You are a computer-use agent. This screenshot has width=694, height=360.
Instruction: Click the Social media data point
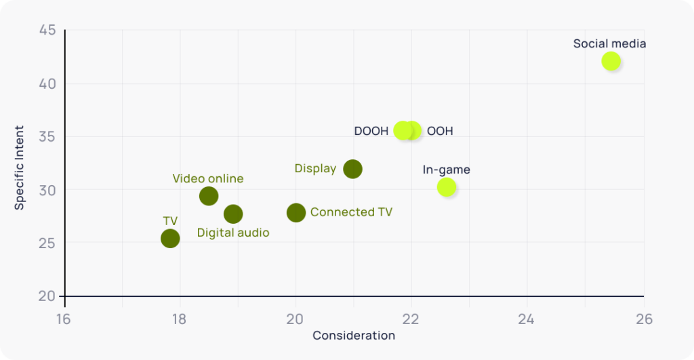tap(611, 61)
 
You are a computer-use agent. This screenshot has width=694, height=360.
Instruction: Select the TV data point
tap(170, 238)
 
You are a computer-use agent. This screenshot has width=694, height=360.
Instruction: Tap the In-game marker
tap(447, 187)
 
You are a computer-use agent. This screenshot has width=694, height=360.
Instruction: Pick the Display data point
tap(352, 169)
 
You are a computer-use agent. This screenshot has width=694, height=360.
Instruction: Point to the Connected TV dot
tap(296, 213)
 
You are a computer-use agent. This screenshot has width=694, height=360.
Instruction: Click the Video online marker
tap(209, 196)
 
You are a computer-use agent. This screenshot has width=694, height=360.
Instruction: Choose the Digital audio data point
tap(233, 214)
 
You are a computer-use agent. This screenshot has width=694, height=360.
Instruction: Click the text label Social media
tap(609, 43)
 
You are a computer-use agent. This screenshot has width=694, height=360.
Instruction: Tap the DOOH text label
tap(371, 131)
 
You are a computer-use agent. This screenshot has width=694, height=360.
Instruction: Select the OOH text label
tap(440, 131)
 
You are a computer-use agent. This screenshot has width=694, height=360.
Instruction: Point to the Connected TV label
tap(351, 212)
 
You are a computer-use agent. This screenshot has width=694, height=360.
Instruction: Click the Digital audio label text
tap(233, 233)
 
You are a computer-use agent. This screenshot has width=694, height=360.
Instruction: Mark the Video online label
tap(208, 179)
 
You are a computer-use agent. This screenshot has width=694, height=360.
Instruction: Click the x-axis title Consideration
tap(354, 336)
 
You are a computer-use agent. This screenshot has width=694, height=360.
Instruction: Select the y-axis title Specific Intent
tap(20, 167)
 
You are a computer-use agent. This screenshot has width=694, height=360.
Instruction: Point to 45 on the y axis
tap(47, 31)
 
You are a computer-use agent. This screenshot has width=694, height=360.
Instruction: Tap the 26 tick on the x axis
tap(643, 319)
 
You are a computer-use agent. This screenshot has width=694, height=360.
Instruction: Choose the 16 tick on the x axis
tap(64, 319)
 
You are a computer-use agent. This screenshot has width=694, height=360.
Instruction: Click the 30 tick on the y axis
tap(47, 190)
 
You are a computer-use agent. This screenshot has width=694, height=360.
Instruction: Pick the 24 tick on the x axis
tap(527, 319)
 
